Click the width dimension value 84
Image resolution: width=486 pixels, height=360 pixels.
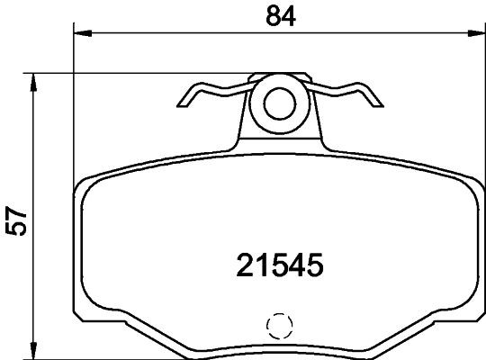pyautogui.click(x=275, y=16)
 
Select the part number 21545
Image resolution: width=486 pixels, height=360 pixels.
pyautogui.click(x=278, y=265)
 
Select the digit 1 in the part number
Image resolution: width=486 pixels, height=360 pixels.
pyautogui.click(x=256, y=265)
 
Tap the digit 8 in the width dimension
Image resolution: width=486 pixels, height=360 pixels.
pyautogui.click(x=267, y=16)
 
